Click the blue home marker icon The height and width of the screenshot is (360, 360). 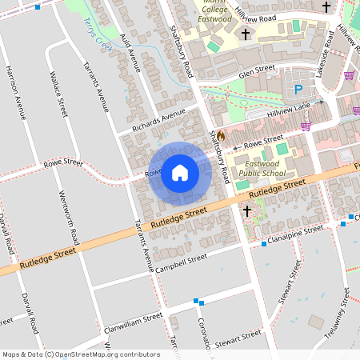180,173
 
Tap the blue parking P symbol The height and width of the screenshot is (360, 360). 298,90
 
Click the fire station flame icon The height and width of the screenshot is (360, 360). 221,136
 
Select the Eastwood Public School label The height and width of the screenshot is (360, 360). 262,167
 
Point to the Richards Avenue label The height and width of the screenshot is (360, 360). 158,122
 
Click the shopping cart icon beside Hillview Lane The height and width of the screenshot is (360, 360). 305,125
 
